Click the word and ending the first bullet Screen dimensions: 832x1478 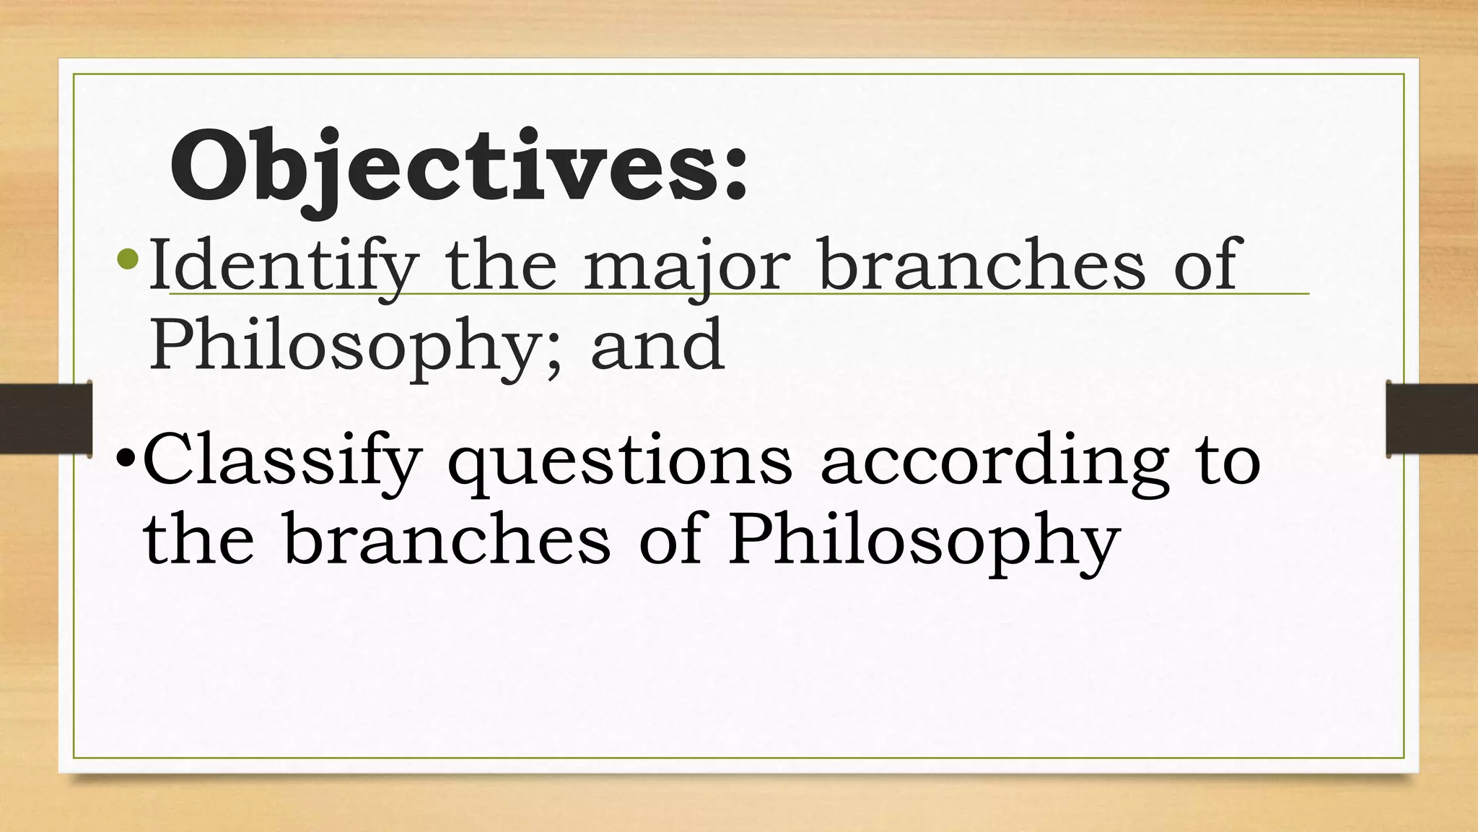(x=657, y=345)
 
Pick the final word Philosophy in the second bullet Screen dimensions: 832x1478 (x=924, y=542)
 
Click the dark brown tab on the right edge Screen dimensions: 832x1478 (x=1432, y=419)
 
